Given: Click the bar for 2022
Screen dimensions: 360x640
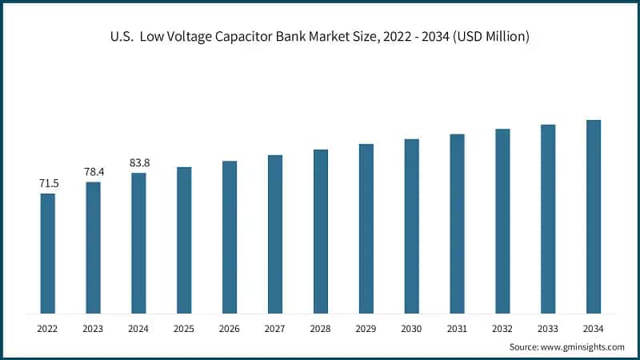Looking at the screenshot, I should point(48,253).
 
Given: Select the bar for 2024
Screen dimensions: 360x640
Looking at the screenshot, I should point(138,242).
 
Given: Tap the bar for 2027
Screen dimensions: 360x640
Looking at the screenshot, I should point(275,234).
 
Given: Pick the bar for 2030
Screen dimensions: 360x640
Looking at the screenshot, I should point(412,226).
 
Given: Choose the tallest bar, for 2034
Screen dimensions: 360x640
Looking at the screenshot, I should point(594,216).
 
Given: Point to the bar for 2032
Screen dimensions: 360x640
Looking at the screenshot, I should point(502,221).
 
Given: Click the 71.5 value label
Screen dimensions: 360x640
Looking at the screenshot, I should point(48,184).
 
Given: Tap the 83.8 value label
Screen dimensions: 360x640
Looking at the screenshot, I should point(139,163).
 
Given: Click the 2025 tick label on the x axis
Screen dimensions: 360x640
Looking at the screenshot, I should point(184,329).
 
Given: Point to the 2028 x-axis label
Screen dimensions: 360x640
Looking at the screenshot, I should point(321,329).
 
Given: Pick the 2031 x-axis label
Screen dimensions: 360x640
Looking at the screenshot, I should point(457,329).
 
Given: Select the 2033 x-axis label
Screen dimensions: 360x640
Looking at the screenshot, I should point(548,329).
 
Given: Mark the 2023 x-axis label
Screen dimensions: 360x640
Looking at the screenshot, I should point(94,329).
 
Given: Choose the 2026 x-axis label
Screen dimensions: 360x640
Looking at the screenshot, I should point(230,329).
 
